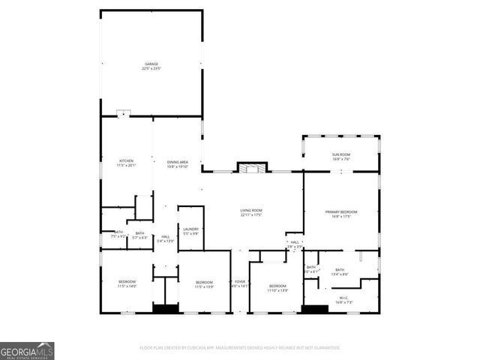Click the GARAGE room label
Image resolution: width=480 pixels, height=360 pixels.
pyautogui.click(x=151, y=64)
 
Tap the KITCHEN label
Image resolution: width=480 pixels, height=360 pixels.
pyautogui.click(x=126, y=161)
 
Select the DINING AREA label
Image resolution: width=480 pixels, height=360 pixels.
pyautogui.click(x=177, y=161)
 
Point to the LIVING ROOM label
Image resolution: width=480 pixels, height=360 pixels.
pyautogui.click(x=250, y=211)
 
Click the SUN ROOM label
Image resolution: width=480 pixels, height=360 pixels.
pyautogui.click(x=341, y=154)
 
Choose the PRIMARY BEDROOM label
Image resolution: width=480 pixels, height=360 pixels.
pyautogui.click(x=341, y=212)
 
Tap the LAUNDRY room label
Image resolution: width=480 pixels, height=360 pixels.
pyautogui.click(x=190, y=229)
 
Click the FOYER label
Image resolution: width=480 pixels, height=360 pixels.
pyautogui.click(x=238, y=281)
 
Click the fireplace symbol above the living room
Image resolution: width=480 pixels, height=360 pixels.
pyautogui.click(x=252, y=167)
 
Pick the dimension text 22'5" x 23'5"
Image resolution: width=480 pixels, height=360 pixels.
pyautogui.click(x=151, y=68)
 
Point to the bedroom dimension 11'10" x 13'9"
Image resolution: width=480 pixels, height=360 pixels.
pyautogui.click(x=277, y=290)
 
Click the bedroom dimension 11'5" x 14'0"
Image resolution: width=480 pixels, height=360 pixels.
pyautogui.click(x=126, y=286)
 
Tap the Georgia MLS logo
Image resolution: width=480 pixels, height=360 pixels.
pyautogui.click(x=27, y=350)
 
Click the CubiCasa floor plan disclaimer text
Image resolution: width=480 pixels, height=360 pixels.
pyautogui.click(x=240, y=348)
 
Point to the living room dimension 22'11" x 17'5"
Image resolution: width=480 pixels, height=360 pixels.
pyautogui.click(x=250, y=215)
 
